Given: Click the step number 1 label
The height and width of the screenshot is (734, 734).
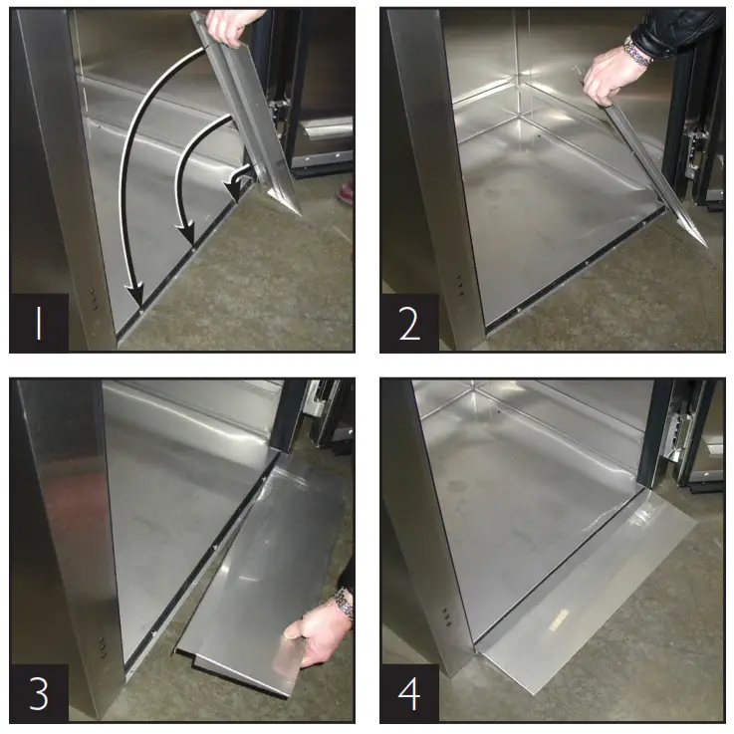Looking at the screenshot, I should [39, 323].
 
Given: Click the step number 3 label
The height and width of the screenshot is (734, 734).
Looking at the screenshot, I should [39, 693].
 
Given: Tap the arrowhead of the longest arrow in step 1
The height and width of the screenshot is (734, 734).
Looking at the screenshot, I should [135, 296].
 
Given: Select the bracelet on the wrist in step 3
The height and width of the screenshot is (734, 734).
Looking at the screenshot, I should [344, 602].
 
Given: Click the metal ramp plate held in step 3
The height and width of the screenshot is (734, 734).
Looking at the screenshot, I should [264, 568].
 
